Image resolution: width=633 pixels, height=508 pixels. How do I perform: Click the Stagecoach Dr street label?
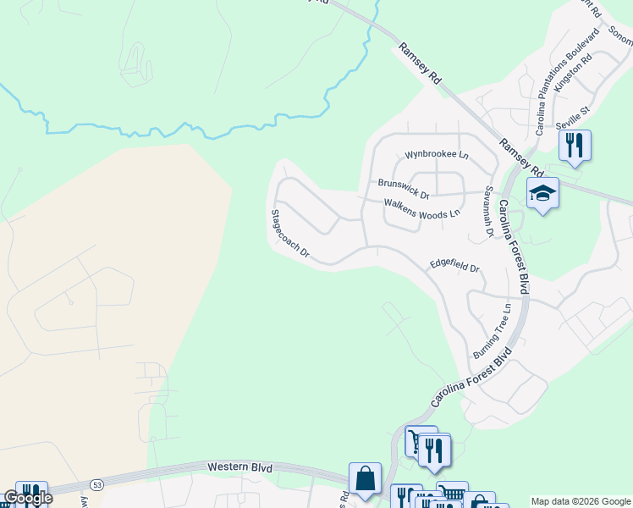pos(290,234)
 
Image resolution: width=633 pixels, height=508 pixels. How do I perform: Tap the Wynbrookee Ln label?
pos(436,155)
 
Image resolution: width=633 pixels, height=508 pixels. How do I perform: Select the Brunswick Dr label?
pos(404,188)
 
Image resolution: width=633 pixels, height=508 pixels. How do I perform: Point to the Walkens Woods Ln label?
pos(421,208)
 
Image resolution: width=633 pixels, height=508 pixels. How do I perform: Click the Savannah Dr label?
pos(488,212)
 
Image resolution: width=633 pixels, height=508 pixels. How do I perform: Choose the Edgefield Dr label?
pos(454,265)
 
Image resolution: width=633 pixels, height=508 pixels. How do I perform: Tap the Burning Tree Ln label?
pos(492,330)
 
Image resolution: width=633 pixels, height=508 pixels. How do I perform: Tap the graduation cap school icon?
pos(542,194)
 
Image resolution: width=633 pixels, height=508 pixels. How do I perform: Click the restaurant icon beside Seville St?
pos(575,145)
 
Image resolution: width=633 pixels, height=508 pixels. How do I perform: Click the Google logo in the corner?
pos(28,498)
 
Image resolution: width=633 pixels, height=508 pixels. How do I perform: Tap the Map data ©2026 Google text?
pos(581,501)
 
